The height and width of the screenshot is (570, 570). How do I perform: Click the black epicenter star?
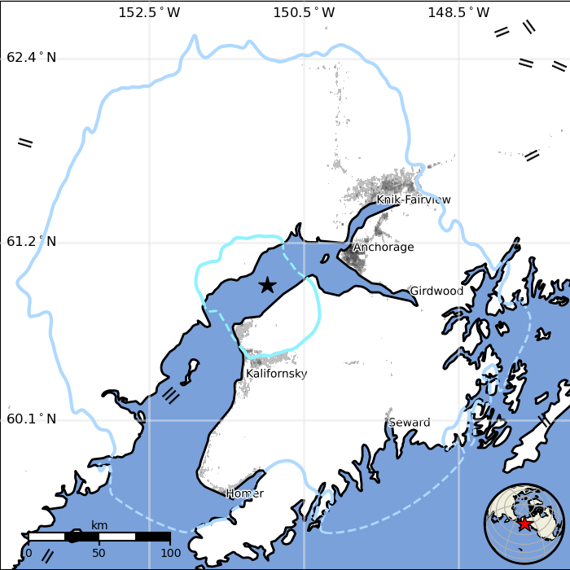267,284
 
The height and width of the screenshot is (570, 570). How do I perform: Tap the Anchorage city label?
384,248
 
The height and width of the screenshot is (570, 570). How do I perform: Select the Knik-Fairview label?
414,199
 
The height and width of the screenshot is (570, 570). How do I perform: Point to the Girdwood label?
436,291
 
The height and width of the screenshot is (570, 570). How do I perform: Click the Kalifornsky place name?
277,374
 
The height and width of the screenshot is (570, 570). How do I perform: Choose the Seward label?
409,423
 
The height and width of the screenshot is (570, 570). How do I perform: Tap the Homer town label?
245,493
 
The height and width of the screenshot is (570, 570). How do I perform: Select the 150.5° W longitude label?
304,12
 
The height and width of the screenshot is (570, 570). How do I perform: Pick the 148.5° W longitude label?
458,12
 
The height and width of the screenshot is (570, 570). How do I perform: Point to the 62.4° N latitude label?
32,58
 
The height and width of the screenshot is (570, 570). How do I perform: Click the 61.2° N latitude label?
32,242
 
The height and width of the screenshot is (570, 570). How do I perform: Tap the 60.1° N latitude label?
32,419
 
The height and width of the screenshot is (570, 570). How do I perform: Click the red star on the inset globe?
525,524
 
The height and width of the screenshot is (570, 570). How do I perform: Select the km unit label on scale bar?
99,525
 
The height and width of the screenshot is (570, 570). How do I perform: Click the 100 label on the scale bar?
170,554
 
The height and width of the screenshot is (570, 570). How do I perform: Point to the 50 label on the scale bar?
99,554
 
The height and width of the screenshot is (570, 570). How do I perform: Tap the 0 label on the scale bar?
28,554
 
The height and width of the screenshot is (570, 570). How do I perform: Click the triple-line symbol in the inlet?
171,396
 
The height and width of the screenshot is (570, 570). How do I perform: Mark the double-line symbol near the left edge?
25,142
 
